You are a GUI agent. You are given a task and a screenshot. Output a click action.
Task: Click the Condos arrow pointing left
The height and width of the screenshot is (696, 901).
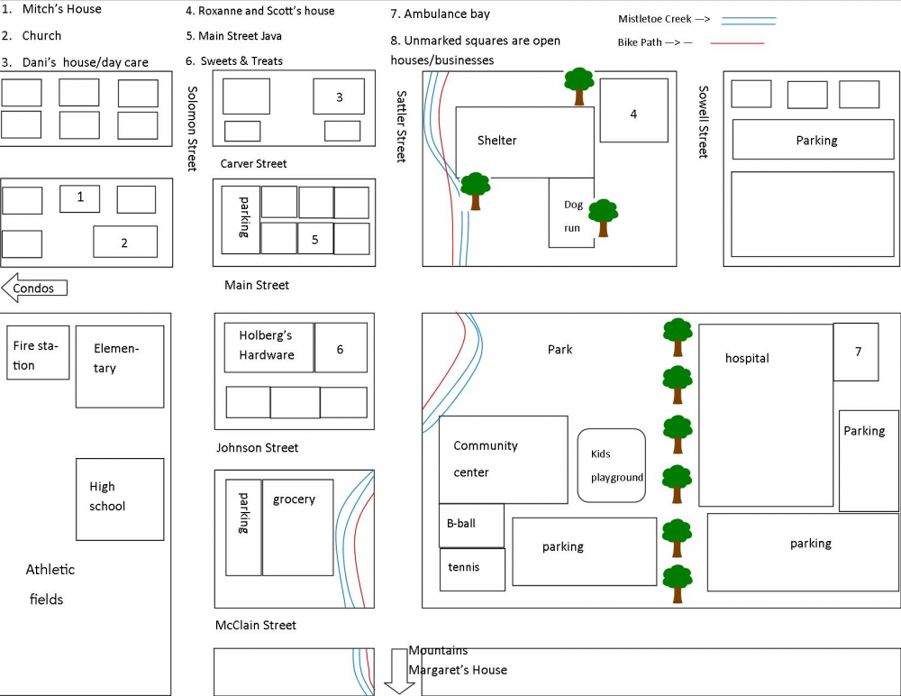[34, 288]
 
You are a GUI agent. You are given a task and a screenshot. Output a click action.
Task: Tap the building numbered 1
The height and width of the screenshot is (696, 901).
[80, 198]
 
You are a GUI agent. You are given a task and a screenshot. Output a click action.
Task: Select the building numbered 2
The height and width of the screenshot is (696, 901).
[125, 242]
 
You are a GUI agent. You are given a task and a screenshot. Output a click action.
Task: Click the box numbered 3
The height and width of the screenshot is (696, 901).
[339, 96]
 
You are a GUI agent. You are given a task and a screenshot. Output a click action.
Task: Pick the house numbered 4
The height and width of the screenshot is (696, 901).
[633, 110]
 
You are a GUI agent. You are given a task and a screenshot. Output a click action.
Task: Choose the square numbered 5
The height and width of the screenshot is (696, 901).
[315, 238]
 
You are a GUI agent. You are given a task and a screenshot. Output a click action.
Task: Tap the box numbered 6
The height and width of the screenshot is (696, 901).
[341, 347]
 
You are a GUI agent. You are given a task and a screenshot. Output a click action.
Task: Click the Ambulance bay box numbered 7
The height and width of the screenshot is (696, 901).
[856, 352]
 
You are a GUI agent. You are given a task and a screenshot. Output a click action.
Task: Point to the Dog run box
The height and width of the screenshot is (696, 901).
[571, 213]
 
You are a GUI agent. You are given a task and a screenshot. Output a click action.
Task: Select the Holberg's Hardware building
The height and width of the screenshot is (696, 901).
[268, 347]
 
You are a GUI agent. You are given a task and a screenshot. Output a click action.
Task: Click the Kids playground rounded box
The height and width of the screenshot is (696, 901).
[612, 465]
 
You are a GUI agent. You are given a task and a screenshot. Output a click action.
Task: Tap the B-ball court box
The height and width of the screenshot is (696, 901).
[472, 526]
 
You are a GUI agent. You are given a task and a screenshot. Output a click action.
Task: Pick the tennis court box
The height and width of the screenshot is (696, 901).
[472, 570]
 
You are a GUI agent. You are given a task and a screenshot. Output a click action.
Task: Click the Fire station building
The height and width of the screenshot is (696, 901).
[38, 353]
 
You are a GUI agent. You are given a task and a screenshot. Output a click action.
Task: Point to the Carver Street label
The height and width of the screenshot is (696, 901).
[253, 164]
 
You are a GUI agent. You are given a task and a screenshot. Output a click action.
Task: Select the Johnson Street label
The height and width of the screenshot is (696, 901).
[258, 447]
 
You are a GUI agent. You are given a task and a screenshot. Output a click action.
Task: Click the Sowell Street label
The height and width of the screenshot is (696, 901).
[704, 122]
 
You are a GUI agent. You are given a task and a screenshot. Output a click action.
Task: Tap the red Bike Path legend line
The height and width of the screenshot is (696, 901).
[737, 43]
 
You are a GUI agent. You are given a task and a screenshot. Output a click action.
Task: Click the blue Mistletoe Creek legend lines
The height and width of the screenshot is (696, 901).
[749, 21]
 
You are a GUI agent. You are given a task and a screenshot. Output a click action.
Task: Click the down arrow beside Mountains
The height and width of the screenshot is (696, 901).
[399, 672]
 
